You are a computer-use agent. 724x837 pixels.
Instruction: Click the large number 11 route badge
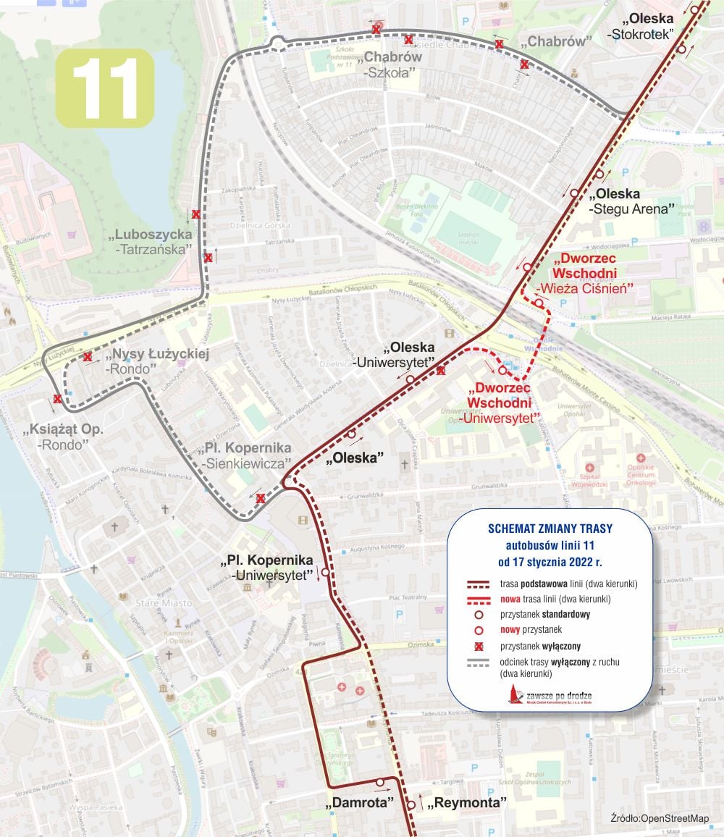point(105,88)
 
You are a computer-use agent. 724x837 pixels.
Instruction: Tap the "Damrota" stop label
point(362,803)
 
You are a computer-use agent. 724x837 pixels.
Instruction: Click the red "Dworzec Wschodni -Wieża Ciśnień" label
point(585,273)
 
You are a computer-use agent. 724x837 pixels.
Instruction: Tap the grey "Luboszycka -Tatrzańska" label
point(153,241)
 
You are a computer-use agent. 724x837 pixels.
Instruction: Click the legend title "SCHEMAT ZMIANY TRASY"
point(550,528)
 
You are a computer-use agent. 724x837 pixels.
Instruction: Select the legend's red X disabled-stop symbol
point(479,646)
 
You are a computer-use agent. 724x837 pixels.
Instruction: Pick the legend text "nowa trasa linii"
point(555,599)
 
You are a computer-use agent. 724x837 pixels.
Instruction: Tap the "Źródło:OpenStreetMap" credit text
point(660,818)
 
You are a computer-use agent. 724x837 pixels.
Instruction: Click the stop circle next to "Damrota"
point(379,782)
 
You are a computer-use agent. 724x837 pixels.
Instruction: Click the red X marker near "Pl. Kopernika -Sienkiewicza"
point(261,498)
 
